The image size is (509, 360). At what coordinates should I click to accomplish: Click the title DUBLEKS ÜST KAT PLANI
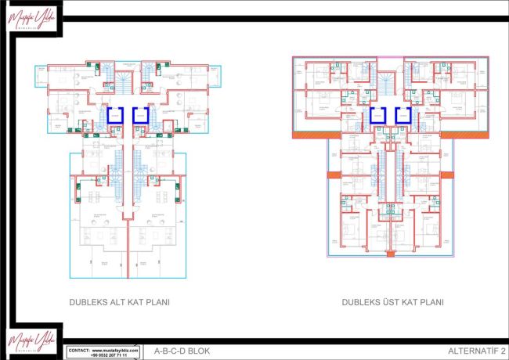pos(392,301)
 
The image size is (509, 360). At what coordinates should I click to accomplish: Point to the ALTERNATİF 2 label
pos(475,351)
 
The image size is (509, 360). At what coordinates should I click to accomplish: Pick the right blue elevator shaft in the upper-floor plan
pos(403,117)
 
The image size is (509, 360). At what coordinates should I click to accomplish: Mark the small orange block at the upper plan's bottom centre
pos(390,252)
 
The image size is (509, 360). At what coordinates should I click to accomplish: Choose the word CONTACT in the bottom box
pos(80,349)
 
